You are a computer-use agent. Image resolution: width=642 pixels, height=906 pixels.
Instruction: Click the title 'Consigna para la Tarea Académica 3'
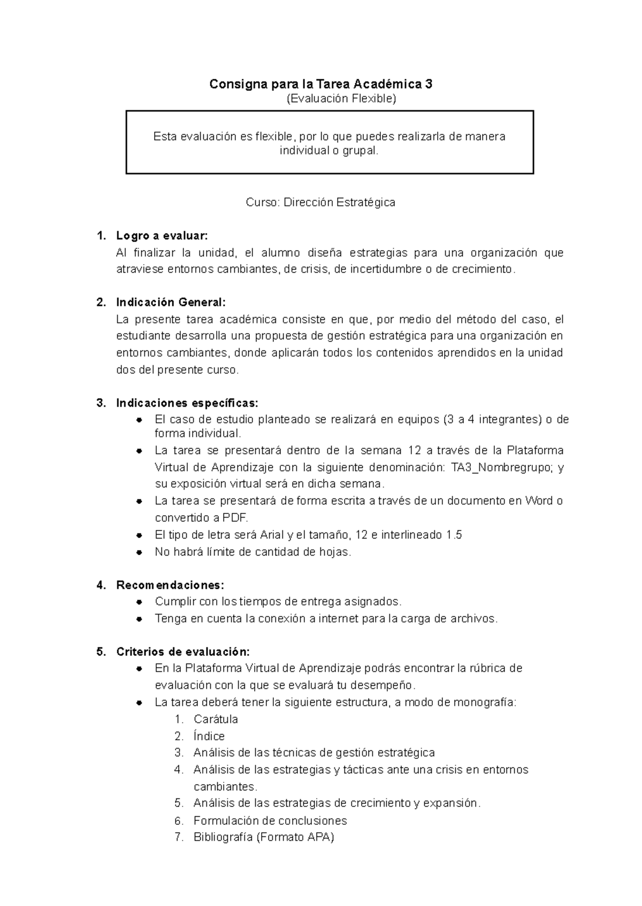pos(320,84)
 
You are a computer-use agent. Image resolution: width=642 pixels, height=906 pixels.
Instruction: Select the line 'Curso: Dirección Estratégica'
pos(320,202)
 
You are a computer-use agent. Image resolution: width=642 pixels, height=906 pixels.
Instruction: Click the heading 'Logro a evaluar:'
pos(162,236)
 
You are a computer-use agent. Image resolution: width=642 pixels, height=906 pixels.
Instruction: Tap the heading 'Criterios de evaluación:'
pos(182,651)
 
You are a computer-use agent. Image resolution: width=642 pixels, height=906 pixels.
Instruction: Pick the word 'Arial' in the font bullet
pos(272,535)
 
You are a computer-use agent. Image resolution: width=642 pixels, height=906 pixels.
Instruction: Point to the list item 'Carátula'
pos(216,719)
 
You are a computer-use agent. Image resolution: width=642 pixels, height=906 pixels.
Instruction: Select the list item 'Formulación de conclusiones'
pos(270,820)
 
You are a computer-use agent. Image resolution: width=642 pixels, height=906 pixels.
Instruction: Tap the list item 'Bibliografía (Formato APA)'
pos(263,837)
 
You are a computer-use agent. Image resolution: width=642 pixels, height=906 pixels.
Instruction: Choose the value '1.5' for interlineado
pos(454,535)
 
